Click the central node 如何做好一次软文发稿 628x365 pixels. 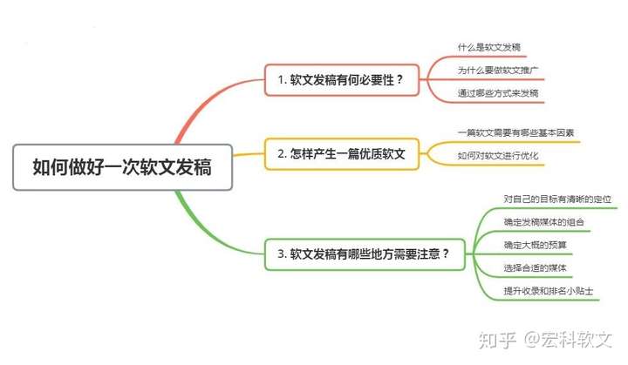(121, 166)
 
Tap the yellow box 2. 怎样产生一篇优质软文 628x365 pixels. (342, 153)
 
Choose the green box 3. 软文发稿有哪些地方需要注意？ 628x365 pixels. (364, 254)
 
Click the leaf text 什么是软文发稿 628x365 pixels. (489, 46)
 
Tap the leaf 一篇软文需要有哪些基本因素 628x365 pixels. (515, 133)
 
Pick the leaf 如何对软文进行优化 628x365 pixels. (498, 156)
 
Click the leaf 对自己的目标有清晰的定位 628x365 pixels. (558, 199)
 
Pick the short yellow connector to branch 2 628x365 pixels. (249, 155)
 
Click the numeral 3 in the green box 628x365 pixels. (281, 254)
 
